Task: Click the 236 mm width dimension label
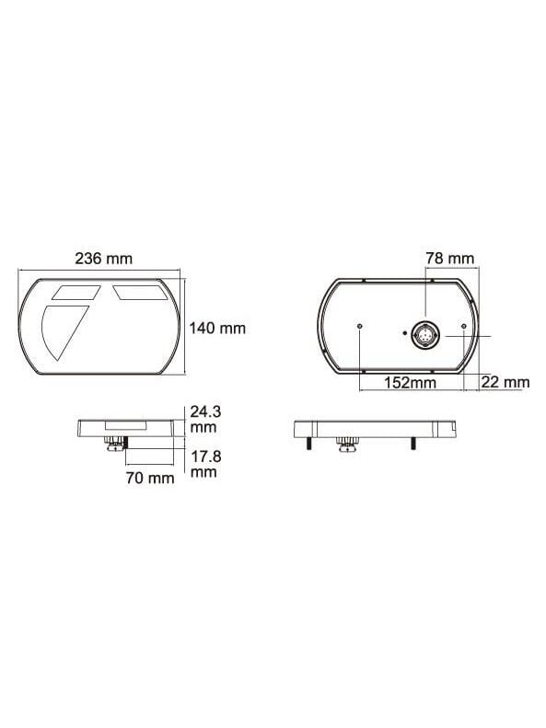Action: click(103, 258)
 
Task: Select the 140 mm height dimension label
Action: click(217, 329)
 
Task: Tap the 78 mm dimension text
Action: click(450, 258)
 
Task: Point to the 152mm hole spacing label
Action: click(410, 383)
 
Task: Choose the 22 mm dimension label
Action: click(505, 382)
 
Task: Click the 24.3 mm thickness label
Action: click(205, 419)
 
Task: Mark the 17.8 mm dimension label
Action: click(205, 464)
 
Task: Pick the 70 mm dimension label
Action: click(150, 478)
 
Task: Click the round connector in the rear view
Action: click(424, 334)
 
